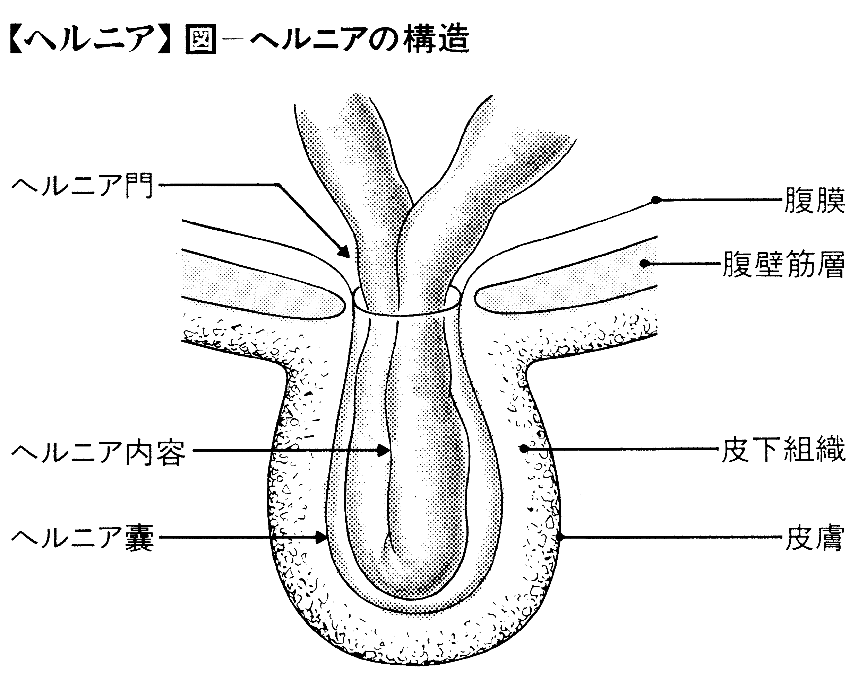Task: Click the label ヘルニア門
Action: point(82,186)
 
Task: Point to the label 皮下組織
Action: point(783,450)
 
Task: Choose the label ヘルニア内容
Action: point(98,453)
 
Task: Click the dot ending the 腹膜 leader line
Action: point(655,200)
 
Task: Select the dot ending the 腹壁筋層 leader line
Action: point(644,264)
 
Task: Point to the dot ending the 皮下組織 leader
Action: point(523,449)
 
